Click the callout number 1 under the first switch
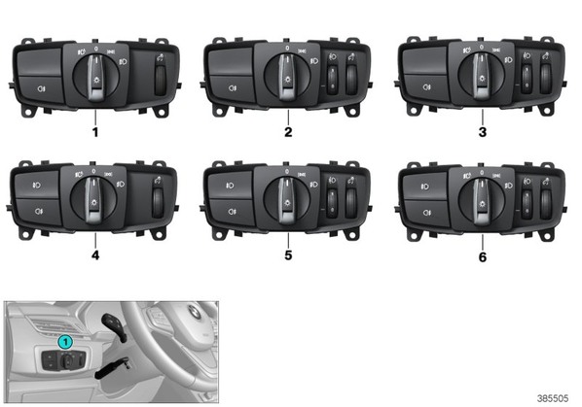95,132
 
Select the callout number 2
288,132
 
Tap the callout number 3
483,132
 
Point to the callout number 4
95,255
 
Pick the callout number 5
288,255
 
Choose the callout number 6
483,256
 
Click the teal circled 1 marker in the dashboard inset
65,342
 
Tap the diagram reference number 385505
553,398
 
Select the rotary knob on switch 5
287,199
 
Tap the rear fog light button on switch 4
38,212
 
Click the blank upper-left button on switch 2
232,62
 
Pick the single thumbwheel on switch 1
160,81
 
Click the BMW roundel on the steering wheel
195,313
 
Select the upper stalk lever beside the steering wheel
116,325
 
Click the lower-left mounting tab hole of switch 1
28,111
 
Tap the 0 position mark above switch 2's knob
287,48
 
